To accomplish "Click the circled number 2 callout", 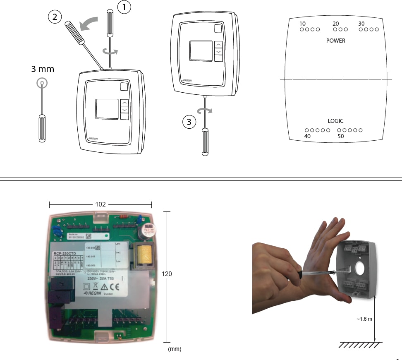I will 54,17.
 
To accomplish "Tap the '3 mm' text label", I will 43,69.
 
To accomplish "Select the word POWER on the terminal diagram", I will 335,41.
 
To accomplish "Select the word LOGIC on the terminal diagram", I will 335,121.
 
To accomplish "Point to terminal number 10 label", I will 303,24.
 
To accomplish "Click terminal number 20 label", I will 336,24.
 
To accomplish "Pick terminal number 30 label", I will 361,24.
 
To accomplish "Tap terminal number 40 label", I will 307,136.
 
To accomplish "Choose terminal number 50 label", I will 341,136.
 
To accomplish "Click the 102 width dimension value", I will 100,204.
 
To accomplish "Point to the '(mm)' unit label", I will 175,349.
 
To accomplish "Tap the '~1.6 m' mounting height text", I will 364,319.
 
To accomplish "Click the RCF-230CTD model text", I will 65,254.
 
